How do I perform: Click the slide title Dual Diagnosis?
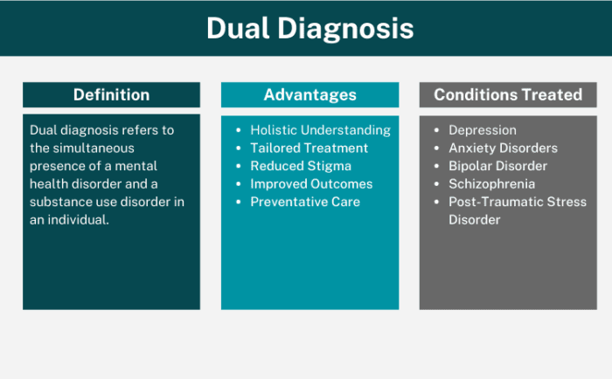[x=309, y=28]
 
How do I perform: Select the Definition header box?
[x=111, y=95]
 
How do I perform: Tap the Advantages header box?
[x=310, y=95]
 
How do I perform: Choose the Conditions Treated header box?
[x=508, y=95]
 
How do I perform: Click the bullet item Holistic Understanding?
[x=320, y=130]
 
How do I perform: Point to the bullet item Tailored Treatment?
[x=309, y=148]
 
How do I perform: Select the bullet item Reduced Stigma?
[x=301, y=166]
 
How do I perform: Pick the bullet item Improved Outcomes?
[x=311, y=184]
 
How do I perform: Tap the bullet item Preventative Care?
[x=305, y=202]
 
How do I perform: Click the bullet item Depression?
[x=483, y=130]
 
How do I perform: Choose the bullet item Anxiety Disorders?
[x=503, y=148]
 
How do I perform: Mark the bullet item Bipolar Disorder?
[x=497, y=166]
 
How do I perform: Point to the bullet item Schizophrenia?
[x=491, y=184]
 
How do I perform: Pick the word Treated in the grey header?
[x=551, y=95]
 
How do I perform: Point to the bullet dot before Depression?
[x=437, y=130]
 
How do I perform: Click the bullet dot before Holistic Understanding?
[x=239, y=130]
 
